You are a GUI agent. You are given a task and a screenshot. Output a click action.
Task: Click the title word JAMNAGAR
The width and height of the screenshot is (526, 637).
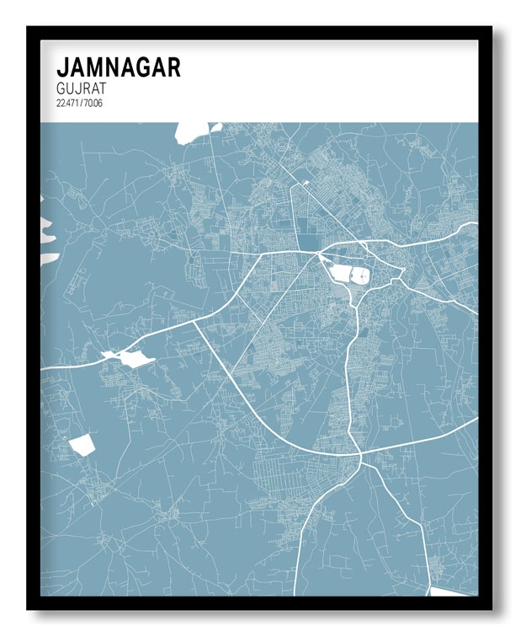point(118,67)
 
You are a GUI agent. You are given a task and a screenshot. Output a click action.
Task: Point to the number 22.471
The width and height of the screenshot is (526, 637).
point(69,103)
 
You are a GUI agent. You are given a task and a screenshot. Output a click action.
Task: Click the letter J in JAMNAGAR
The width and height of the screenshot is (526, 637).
point(62,67)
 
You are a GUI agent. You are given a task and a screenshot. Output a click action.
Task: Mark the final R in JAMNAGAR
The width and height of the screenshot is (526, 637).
point(173,67)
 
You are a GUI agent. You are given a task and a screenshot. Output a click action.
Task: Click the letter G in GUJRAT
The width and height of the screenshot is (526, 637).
point(61,88)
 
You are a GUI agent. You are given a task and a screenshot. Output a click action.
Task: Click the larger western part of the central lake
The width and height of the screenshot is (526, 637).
point(340,274)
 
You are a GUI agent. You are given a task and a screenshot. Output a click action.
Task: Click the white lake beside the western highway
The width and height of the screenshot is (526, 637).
point(134,358)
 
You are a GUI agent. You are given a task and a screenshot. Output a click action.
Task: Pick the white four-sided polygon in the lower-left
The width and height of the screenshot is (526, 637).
point(82,444)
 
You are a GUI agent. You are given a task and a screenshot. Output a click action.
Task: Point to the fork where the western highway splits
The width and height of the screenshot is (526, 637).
point(194,319)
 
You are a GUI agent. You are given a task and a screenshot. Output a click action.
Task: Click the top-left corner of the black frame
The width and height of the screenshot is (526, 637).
point(29,29)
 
